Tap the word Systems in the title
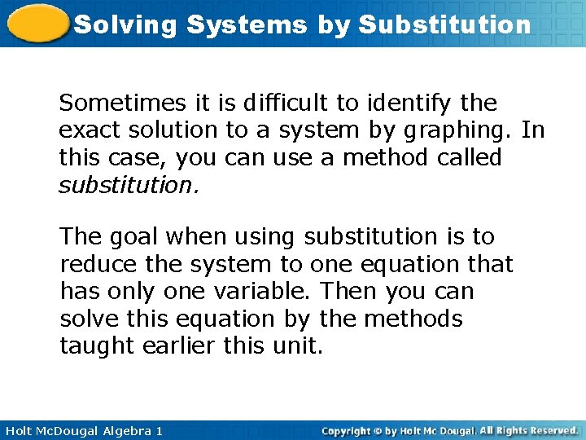point(246,24)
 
